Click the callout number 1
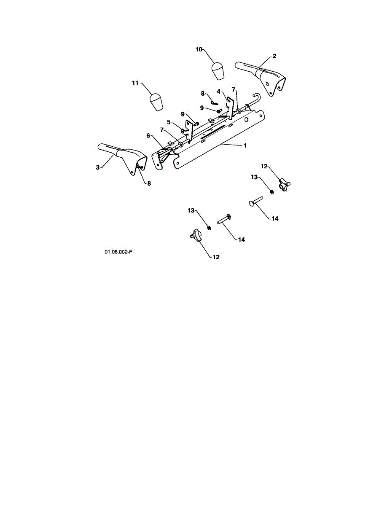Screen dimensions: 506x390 [x=245, y=145]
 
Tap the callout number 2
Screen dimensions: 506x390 [x=274, y=56]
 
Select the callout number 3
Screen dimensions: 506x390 [x=98, y=167]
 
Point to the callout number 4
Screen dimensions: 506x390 [x=218, y=91]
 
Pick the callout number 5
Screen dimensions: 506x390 [x=168, y=122]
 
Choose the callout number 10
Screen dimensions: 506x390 [x=199, y=49]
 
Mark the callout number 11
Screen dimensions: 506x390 [x=135, y=83]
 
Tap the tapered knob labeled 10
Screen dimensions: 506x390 [x=218, y=71]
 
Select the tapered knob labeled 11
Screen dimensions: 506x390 [x=156, y=102]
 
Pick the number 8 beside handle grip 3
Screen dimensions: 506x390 [x=148, y=183]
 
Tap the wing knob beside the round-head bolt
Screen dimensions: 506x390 [x=285, y=185]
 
